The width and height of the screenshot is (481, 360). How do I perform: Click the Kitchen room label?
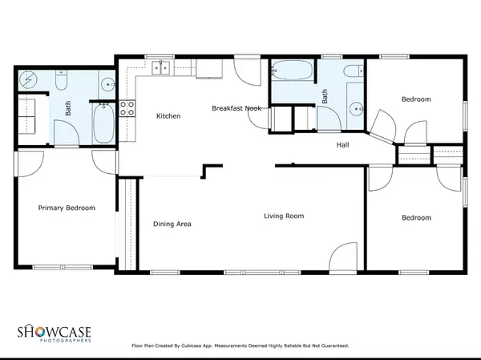click(x=168, y=116)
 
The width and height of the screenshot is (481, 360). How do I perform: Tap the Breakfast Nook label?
click(x=236, y=108)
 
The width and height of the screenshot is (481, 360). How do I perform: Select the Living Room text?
click(x=284, y=216)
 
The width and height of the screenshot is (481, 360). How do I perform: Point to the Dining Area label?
click(x=172, y=224)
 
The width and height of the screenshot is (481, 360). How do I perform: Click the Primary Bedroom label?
click(x=67, y=208)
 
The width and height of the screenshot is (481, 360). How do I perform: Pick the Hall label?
click(x=342, y=145)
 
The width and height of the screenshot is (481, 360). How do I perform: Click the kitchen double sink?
click(x=161, y=68)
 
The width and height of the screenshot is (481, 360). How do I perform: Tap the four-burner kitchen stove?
click(x=127, y=108)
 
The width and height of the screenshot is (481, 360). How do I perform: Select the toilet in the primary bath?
click(x=61, y=80)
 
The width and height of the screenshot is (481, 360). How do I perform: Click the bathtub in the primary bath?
click(x=103, y=123)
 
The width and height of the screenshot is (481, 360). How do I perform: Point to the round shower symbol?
click(x=28, y=80)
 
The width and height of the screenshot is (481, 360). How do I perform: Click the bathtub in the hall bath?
click(x=292, y=70)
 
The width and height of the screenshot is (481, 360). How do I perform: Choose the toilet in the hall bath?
click(x=353, y=71)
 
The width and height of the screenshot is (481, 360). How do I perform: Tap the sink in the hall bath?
click(x=356, y=109)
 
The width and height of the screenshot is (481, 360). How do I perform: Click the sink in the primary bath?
click(x=107, y=83)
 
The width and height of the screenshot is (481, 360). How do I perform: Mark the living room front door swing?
click(x=342, y=257)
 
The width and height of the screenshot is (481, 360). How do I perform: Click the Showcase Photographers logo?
click(x=54, y=333)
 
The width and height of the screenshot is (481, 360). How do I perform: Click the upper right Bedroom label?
click(x=416, y=99)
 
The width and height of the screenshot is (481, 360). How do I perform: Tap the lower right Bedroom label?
click(x=416, y=217)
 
